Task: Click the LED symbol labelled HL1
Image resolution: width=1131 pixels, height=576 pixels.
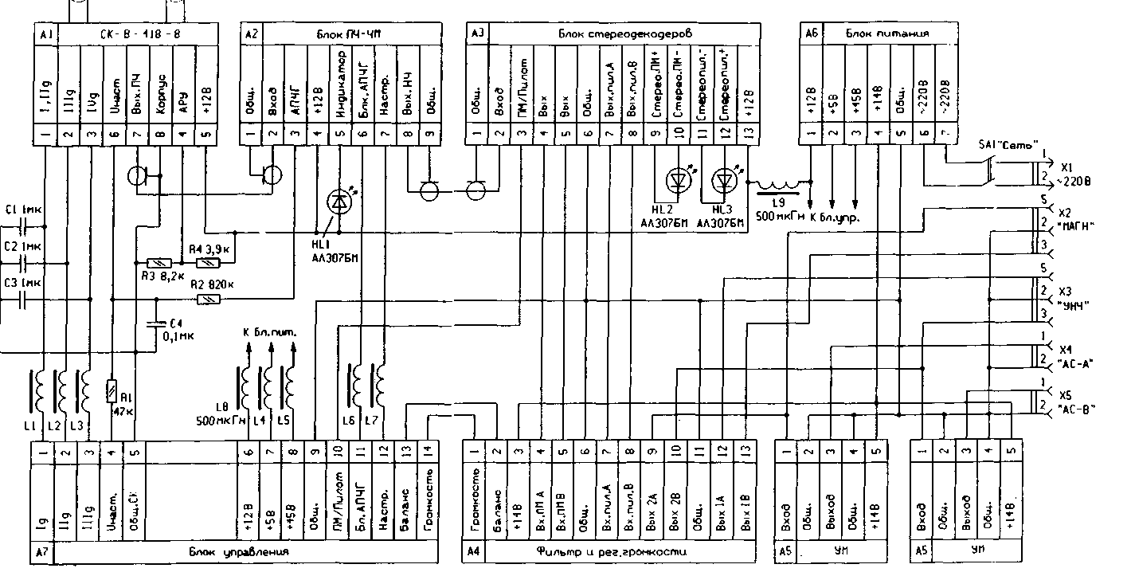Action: (339, 203)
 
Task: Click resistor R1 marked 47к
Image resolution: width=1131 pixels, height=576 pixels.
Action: (112, 391)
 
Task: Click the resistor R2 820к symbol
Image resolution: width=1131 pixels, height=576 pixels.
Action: (207, 299)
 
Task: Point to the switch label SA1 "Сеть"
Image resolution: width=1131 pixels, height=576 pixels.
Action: (1008, 145)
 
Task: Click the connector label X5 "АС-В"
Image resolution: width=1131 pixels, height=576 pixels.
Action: (1075, 402)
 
